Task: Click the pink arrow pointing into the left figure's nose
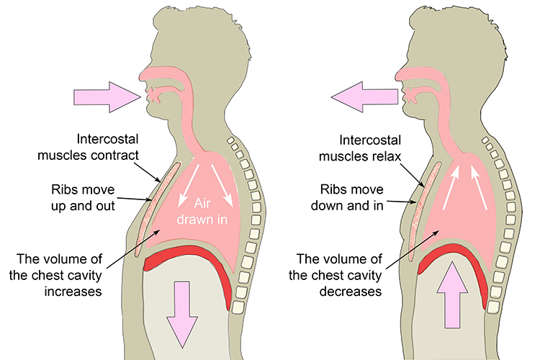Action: point(101,96)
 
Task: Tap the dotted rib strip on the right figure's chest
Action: point(421,209)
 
